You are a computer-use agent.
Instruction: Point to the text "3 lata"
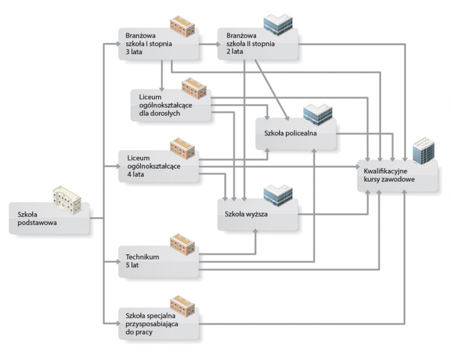pyautogui.click(x=136, y=52)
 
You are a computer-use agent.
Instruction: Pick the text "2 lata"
pyautogui.click(x=235, y=52)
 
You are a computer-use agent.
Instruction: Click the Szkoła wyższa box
pyautogui.click(x=258, y=216)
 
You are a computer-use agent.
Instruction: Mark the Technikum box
pyautogui.click(x=160, y=261)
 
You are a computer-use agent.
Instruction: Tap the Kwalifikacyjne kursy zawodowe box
pyautogui.click(x=397, y=175)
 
